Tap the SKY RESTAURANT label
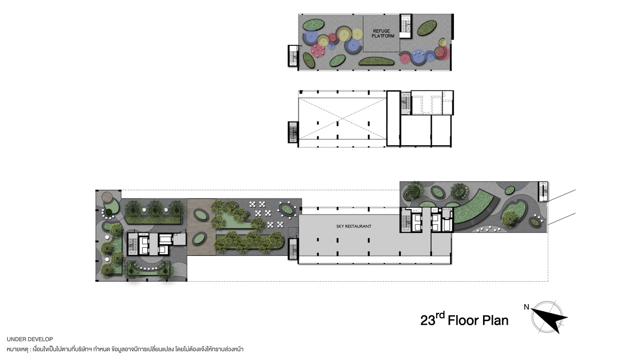(354, 226)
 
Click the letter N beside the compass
(526, 307)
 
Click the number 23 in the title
(428, 321)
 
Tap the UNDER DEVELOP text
(30, 339)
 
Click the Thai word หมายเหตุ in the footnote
(17, 349)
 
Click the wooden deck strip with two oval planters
(201, 226)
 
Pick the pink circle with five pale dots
(318, 50)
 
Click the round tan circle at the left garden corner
(107, 197)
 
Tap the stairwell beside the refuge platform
(405, 26)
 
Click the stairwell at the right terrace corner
(543, 191)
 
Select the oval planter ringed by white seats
(287, 210)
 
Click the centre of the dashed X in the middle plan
(342, 119)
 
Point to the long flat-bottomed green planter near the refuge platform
(376, 61)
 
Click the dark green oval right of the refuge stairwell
(426, 28)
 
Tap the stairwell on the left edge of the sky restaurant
(293, 249)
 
